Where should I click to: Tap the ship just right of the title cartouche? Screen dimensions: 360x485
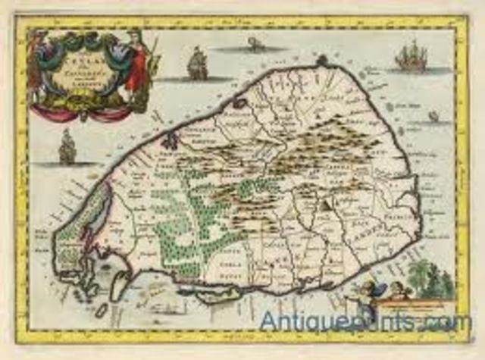pos(197,64)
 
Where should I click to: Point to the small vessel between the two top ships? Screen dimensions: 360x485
pos(256,45)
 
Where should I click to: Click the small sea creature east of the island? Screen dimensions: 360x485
pos(433,116)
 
